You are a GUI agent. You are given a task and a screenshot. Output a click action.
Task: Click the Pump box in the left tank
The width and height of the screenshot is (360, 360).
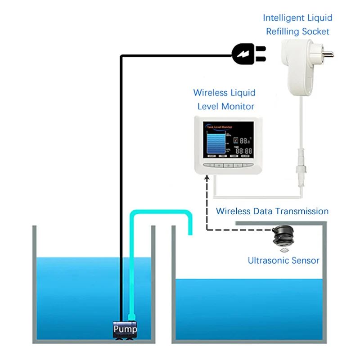pos(125,329)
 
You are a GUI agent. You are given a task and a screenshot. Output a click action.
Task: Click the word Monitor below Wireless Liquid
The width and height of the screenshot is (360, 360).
pos(238,107)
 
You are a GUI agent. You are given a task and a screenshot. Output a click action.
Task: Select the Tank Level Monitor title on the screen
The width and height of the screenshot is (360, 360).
pos(219,126)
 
